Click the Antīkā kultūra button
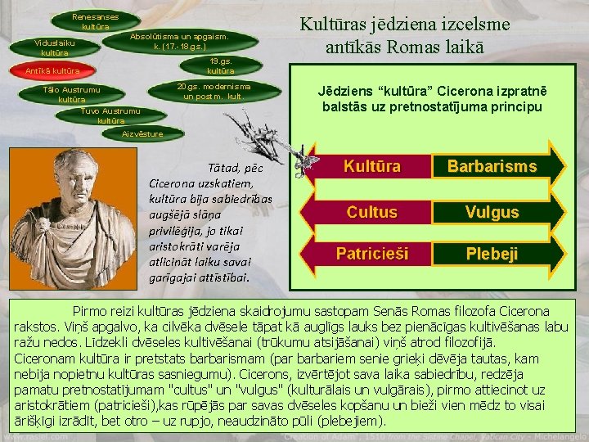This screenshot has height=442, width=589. tap(52, 71)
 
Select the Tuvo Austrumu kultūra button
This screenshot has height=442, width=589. tap(110, 115)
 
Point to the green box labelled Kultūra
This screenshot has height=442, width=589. tap(372, 166)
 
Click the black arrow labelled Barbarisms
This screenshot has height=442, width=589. tap(492, 166)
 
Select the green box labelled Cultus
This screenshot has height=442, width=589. tap(372, 212)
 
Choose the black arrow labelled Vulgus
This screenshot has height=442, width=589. tap(492, 212)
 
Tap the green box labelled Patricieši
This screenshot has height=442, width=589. tap(372, 254)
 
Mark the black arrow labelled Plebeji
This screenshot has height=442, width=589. tap(492, 254)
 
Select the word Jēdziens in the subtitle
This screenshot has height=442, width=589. tap(346, 91)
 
